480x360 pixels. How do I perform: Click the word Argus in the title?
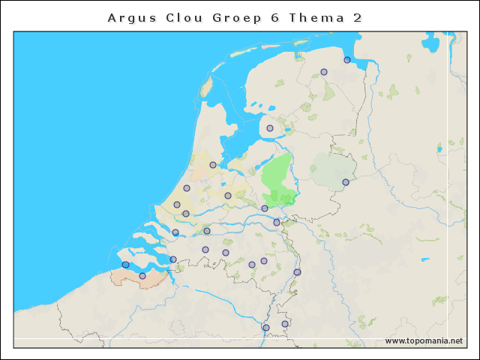tap(130, 17)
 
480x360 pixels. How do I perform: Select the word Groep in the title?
tap(240, 17)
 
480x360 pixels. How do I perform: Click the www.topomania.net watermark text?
tap(424, 340)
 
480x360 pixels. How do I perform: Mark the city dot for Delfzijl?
tap(347, 60)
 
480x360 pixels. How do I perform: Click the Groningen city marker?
tap(324, 72)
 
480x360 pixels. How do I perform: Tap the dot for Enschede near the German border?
tap(346, 182)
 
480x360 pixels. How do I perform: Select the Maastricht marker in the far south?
tap(265, 328)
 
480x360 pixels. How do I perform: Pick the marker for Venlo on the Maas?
tap(297, 272)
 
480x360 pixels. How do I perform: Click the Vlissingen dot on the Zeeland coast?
tap(125, 265)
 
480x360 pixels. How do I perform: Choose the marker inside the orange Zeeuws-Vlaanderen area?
tap(142, 276)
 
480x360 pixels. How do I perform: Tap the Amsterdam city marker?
tap(213, 165)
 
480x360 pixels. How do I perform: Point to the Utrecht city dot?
tap(228, 196)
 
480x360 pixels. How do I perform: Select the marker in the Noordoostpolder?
tap(270, 128)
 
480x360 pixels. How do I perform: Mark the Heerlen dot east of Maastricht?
tap(285, 324)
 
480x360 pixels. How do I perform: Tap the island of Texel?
tap(206, 86)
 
